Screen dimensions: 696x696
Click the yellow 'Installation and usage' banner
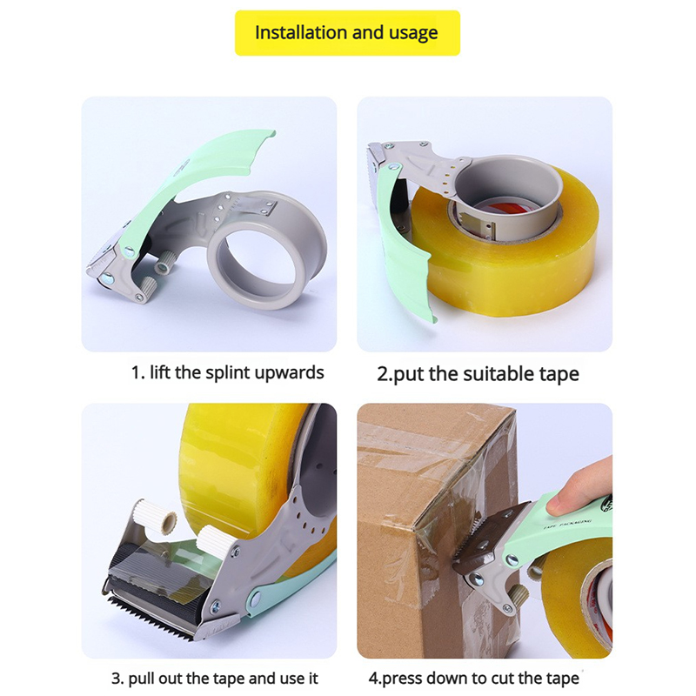(x=347, y=33)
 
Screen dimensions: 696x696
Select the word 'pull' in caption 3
(x=141, y=679)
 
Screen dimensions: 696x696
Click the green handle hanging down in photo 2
(x=402, y=249)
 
